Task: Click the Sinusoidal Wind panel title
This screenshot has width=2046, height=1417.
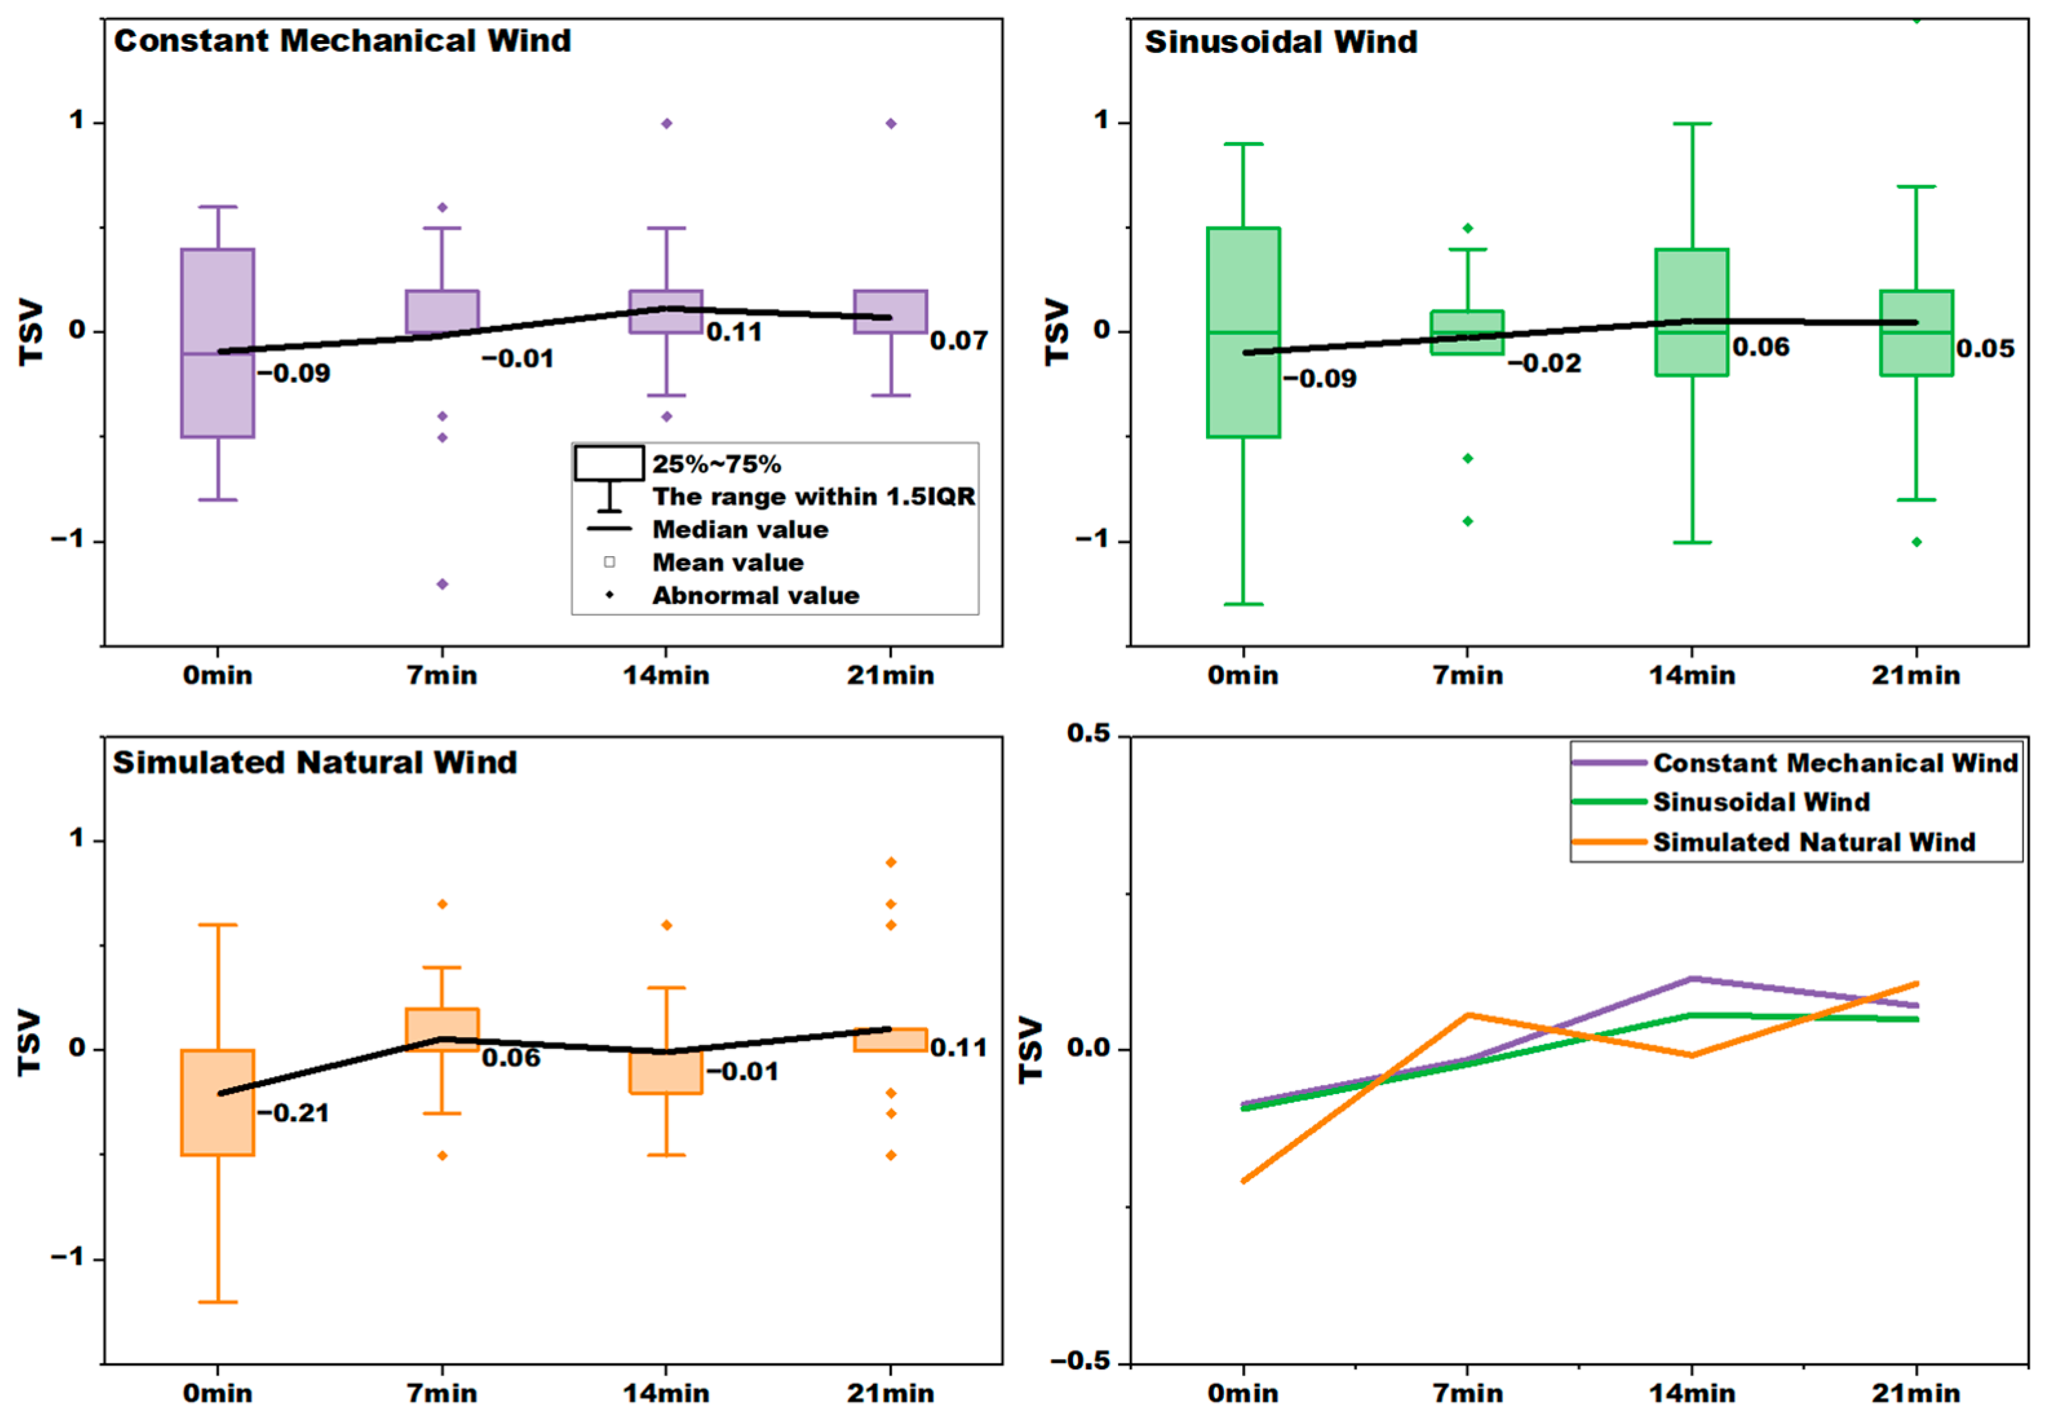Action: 1280,42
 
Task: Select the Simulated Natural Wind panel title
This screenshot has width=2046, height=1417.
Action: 314,763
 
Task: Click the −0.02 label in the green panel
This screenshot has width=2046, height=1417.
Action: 1544,362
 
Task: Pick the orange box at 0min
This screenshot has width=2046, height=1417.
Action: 218,1102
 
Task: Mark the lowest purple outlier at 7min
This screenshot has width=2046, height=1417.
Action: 442,583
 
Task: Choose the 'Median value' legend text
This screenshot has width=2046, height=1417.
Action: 741,529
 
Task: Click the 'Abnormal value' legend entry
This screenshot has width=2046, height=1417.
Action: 755,595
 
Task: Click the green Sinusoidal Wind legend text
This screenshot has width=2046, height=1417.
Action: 1761,802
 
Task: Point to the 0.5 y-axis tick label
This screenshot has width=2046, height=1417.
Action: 1089,733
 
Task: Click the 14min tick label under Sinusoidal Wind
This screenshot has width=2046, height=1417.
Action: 1692,675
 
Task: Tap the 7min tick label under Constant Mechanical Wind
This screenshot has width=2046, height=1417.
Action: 442,675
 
